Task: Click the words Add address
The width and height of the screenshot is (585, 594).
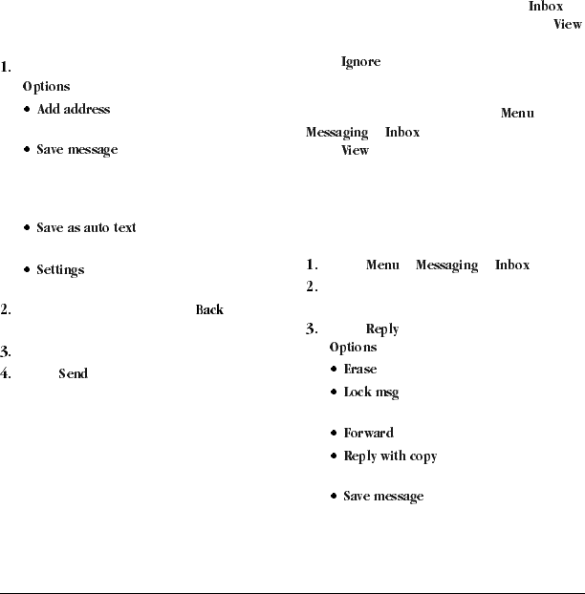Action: (x=74, y=110)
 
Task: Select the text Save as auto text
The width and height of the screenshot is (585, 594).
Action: (x=86, y=228)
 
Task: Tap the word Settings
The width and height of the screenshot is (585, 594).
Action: (x=60, y=270)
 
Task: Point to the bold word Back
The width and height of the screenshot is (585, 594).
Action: (x=209, y=310)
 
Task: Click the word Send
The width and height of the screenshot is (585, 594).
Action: (x=74, y=373)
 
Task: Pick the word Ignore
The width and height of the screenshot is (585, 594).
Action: (x=361, y=63)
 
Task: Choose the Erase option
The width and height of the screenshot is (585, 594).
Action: (x=360, y=370)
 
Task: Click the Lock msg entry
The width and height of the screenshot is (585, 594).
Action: (x=371, y=392)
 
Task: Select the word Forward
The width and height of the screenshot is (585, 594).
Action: (x=368, y=434)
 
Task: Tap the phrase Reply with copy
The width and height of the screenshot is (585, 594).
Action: (x=390, y=456)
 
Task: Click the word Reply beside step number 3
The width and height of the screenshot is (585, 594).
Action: (x=382, y=329)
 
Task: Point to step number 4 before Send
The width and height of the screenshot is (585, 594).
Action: (x=6, y=373)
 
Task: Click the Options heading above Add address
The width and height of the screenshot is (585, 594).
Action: (x=47, y=87)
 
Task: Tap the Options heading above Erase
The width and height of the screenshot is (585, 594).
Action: (x=353, y=348)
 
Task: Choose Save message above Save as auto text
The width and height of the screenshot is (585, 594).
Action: (x=77, y=150)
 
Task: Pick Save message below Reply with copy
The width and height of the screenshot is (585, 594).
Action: (x=383, y=497)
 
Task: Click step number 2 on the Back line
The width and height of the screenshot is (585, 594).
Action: (x=6, y=310)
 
